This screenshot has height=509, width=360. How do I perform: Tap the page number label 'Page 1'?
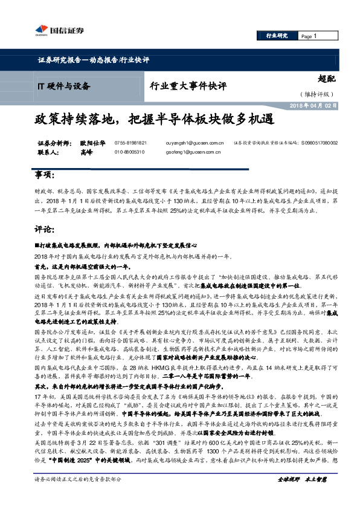(309, 36)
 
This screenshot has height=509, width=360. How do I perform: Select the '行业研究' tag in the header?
(277, 36)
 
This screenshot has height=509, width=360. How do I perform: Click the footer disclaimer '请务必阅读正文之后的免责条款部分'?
(77, 496)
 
